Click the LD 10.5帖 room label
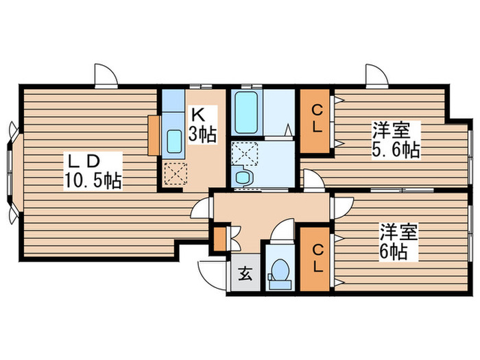(94, 171)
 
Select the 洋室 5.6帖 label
(396, 139)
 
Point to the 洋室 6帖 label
(396, 242)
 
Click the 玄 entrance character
(244, 276)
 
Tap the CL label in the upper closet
(315, 118)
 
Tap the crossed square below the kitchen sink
(176, 174)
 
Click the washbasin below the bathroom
(243, 177)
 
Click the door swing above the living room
(106, 76)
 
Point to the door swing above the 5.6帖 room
(376, 76)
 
